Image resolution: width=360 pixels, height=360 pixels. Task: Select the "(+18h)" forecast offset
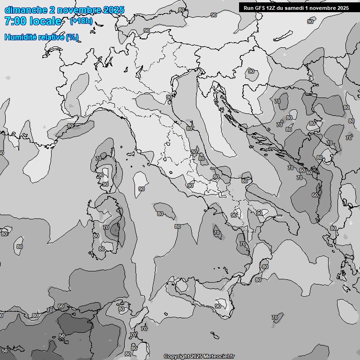pos(81,21)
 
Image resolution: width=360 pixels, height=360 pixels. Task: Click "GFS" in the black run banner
pos(259,8)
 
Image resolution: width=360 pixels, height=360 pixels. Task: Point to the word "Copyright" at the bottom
pos(176,356)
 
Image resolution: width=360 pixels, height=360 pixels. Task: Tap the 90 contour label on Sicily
pos(218,306)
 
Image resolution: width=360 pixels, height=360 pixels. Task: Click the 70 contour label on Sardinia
pos(106,227)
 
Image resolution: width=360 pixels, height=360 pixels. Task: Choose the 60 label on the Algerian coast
pos(61,306)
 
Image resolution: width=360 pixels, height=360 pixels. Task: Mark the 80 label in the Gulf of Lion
pos(70,126)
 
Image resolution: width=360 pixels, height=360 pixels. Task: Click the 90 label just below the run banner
pos(310,22)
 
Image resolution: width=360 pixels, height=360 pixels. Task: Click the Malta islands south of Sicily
pos(214,336)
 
